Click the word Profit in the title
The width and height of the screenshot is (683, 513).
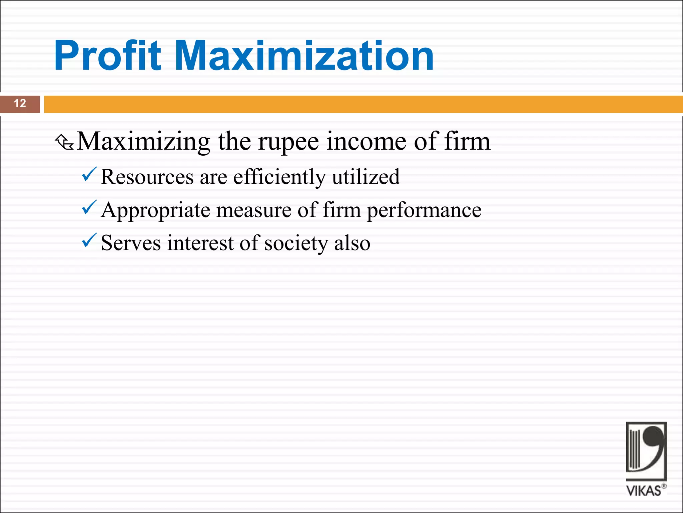tap(107, 56)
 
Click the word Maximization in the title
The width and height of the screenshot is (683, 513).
tap(304, 56)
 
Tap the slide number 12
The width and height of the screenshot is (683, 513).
tap(20, 104)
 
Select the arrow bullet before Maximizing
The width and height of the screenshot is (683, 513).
tap(64, 142)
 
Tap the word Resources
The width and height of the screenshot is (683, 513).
tap(147, 177)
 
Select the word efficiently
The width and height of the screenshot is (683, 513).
tap(279, 177)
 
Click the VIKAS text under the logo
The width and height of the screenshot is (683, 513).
tap(644, 491)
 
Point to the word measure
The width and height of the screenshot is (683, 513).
tap(254, 210)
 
